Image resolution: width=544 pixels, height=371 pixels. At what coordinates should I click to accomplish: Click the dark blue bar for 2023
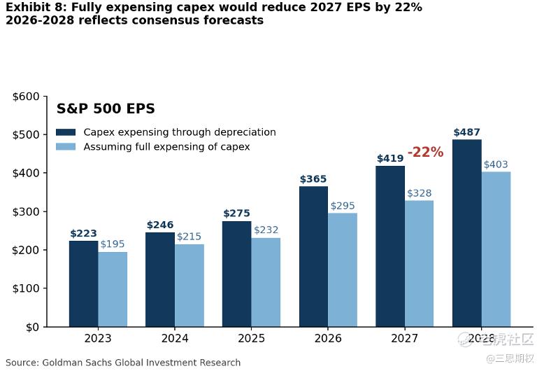click(x=84, y=283)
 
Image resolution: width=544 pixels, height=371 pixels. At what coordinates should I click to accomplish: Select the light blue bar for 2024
click(x=189, y=286)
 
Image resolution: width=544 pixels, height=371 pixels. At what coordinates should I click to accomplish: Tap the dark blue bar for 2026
click(x=314, y=257)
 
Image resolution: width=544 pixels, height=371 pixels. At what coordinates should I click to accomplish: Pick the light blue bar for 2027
click(x=419, y=264)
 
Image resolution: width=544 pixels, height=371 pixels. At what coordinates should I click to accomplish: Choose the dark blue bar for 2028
click(x=467, y=233)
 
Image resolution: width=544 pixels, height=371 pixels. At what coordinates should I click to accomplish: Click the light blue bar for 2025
click(x=266, y=282)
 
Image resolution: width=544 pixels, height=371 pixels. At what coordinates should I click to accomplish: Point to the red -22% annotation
click(x=425, y=152)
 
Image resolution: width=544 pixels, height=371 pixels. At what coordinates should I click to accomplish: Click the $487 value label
click(x=466, y=132)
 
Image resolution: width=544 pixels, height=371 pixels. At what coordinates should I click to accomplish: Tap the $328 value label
click(x=419, y=193)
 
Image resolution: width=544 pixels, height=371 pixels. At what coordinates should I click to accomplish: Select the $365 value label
click(x=313, y=179)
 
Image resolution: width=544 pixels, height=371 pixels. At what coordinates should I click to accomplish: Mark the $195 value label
click(x=113, y=244)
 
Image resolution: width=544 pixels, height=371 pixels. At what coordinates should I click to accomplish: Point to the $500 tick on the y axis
click(x=26, y=135)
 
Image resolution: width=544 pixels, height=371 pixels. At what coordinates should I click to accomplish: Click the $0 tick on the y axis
click(x=32, y=327)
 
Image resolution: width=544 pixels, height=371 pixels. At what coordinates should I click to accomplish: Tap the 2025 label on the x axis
click(x=251, y=338)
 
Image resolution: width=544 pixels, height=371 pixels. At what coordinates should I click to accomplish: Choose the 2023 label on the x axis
click(x=98, y=338)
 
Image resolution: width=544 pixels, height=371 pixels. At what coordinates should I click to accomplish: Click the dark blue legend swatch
click(x=66, y=132)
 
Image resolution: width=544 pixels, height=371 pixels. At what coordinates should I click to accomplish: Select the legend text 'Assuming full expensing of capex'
click(x=166, y=147)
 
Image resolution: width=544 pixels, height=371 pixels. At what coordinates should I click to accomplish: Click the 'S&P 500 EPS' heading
click(x=106, y=108)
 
